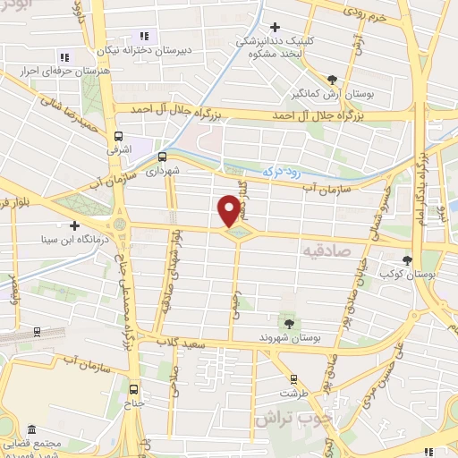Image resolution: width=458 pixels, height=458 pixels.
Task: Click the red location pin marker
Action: tap(230, 210)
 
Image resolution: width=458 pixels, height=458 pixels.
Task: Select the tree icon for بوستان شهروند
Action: tap(289, 322)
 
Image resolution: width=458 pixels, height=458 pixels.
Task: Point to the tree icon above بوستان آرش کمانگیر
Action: tap(333, 80)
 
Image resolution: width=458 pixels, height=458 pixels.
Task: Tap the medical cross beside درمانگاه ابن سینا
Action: tap(75, 225)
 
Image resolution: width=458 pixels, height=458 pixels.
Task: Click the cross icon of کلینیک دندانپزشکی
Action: tap(276, 26)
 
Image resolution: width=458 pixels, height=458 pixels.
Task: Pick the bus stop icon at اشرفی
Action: tap(118, 138)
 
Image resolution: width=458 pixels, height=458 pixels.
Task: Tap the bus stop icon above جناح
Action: tap(134, 389)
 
